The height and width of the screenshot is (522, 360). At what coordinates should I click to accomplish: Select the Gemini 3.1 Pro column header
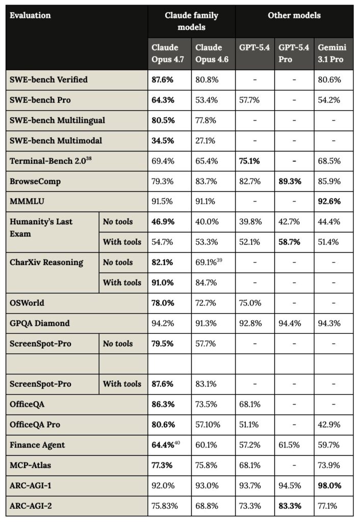(332, 54)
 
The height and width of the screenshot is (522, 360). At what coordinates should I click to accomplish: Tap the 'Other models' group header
(294, 15)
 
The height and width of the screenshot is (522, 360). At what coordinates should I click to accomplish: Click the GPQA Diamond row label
(40, 323)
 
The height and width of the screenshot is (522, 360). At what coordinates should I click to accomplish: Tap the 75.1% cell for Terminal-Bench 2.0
(250, 161)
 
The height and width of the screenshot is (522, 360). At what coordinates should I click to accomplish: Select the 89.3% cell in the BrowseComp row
(289, 181)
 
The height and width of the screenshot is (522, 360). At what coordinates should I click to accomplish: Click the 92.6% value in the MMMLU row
(329, 202)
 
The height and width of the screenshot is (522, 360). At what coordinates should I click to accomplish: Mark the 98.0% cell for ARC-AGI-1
(329, 486)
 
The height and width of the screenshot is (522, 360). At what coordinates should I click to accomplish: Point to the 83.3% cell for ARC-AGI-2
(289, 506)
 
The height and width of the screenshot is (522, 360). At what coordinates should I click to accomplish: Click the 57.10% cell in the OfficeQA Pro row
(207, 425)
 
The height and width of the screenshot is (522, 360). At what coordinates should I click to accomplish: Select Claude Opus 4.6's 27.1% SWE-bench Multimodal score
(205, 141)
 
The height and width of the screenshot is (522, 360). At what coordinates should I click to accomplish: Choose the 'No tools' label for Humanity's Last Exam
(118, 222)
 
